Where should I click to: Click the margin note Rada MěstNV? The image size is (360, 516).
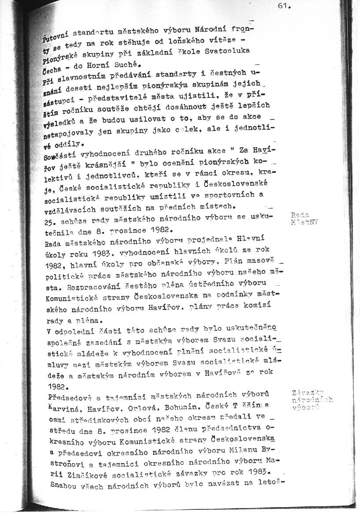point(304,219)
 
